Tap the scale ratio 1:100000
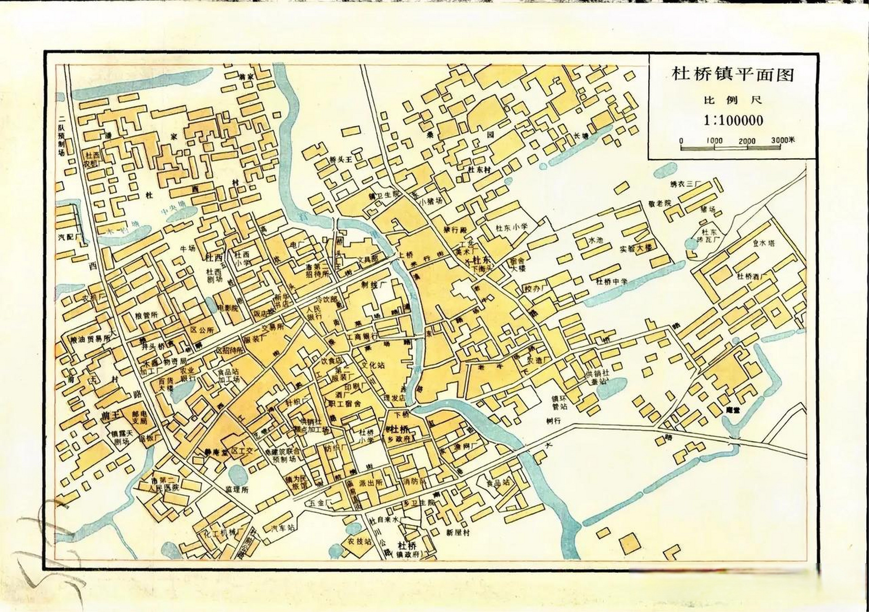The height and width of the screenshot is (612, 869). coord(733,120)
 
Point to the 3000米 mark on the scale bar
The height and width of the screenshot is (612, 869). coord(782,140)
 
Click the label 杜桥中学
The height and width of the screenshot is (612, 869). coord(611,282)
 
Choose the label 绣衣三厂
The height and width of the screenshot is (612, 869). coord(684,184)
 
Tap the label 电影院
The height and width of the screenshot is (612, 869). coord(228,308)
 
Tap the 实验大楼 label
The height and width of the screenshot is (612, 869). coord(636,248)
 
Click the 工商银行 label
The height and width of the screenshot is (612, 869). coord(362,337)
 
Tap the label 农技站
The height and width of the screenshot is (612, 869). coord(359,542)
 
